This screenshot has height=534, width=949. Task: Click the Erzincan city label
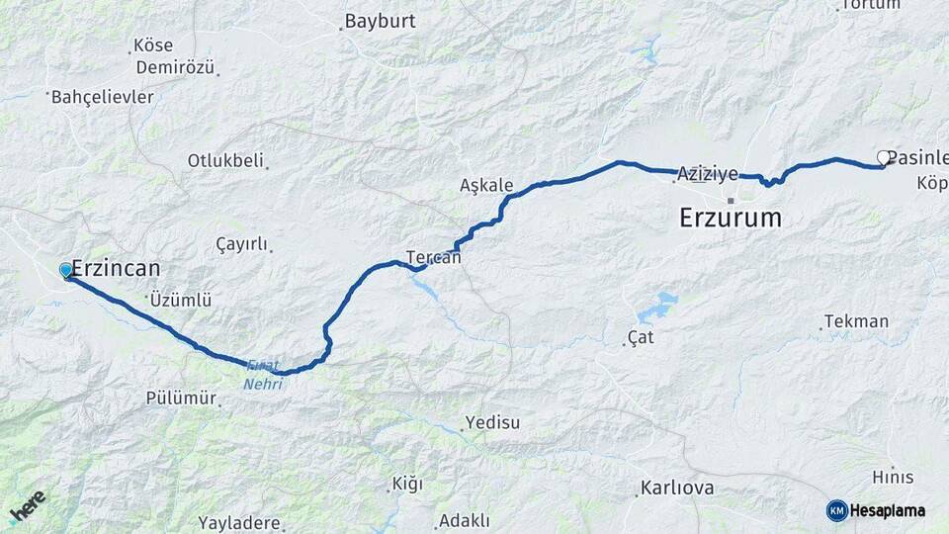pyautogui.click(x=117, y=269)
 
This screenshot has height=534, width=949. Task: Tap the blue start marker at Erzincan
pyautogui.click(x=66, y=270)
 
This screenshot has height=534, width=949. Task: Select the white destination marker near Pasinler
pyautogui.click(x=884, y=157)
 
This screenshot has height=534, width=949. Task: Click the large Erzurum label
pyautogui.click(x=731, y=218)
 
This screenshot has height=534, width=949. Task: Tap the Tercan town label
pyautogui.click(x=433, y=257)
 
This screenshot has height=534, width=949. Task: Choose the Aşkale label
pyautogui.click(x=486, y=185)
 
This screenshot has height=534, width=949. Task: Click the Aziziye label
pyautogui.click(x=708, y=174)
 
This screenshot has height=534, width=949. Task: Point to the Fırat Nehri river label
pyautogui.click(x=264, y=375)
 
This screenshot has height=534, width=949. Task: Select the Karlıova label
pyautogui.click(x=677, y=489)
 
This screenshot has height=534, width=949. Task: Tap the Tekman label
pyautogui.click(x=856, y=321)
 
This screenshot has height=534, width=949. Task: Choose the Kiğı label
pyautogui.click(x=406, y=484)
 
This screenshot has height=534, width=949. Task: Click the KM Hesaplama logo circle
pyautogui.click(x=837, y=510)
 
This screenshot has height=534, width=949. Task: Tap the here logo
pyautogui.click(x=28, y=507)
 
